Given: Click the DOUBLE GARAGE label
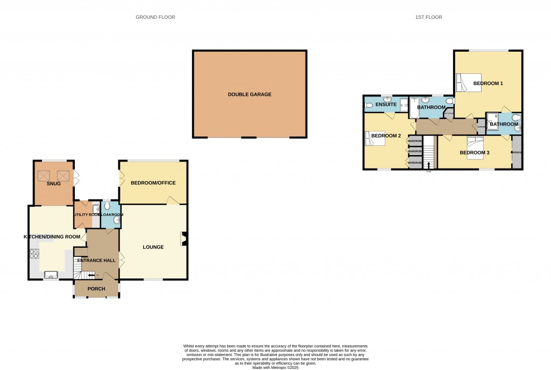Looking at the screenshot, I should click(x=249, y=94).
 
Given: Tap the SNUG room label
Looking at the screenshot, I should click(x=53, y=184).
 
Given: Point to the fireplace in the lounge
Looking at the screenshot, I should click(x=185, y=239).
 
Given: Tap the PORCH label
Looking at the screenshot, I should click(x=96, y=289).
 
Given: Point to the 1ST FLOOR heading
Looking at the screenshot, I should click(x=428, y=17).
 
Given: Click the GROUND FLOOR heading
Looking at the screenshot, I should click(x=155, y=17).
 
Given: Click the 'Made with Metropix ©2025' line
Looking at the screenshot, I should click(x=275, y=367).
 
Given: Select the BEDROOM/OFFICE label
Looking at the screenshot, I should click(x=153, y=183).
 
